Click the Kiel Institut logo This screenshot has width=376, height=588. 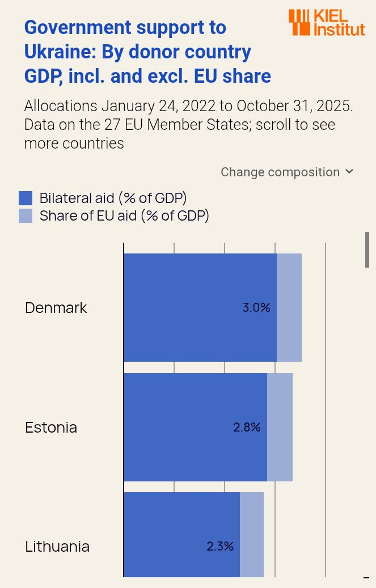pyautogui.click(x=327, y=22)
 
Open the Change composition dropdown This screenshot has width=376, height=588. pyautogui.click(x=287, y=172)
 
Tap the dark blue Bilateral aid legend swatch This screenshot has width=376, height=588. pyautogui.click(x=26, y=198)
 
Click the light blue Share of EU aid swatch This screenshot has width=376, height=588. pyautogui.click(x=26, y=215)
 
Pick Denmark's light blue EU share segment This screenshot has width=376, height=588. pyautogui.click(x=289, y=307)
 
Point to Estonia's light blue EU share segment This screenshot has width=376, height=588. pyautogui.click(x=280, y=427)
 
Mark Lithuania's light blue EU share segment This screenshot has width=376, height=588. pyautogui.click(x=252, y=534)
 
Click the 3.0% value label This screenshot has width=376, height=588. pyautogui.click(x=256, y=308)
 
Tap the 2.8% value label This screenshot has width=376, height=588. pyautogui.click(x=247, y=428)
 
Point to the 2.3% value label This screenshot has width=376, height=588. pyautogui.click(x=220, y=547)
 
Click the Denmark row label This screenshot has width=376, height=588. pyautogui.click(x=56, y=308)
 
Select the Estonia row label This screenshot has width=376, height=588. pyautogui.click(x=51, y=428)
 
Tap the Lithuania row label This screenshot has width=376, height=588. pyautogui.click(x=57, y=547)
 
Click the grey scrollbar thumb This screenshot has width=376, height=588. pyautogui.click(x=367, y=249)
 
